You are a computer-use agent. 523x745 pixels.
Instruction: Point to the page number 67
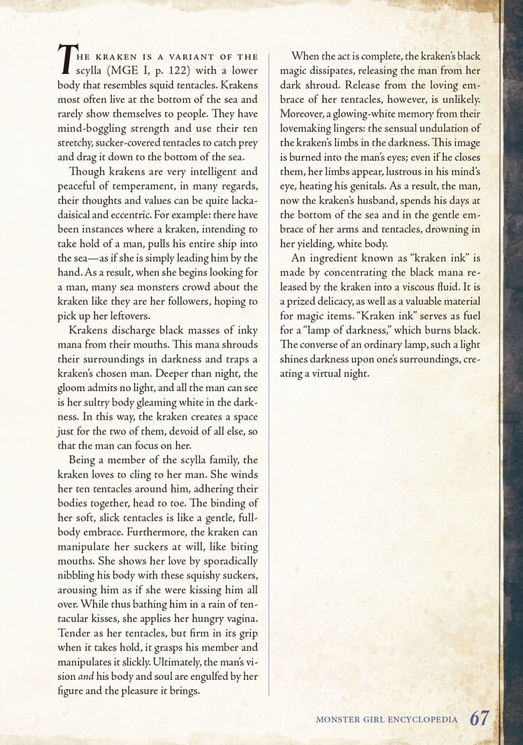[x=480, y=718]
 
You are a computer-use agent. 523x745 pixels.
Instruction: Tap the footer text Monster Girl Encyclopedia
[x=386, y=719]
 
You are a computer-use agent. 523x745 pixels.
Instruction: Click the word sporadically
[x=227, y=561]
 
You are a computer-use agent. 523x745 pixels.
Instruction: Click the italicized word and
[x=86, y=677]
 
